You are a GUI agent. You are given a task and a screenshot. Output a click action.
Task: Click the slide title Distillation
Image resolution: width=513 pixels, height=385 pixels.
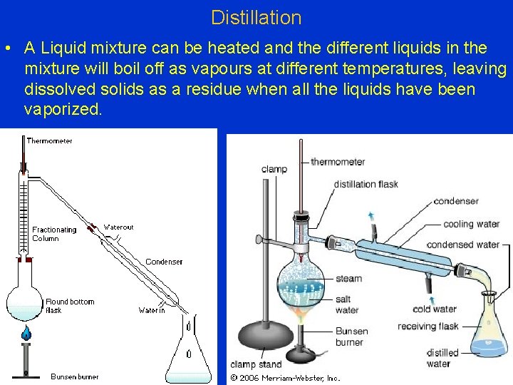tap(256, 17)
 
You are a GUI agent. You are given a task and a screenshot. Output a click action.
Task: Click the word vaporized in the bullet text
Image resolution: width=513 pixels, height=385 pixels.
tap(63, 109)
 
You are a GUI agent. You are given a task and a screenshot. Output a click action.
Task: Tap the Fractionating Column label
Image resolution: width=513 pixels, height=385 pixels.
tap(54, 234)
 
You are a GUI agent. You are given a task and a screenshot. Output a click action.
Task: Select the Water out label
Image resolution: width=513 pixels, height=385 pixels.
tap(118, 227)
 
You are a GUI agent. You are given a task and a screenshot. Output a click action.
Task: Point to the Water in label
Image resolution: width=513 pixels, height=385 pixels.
tap(152, 310)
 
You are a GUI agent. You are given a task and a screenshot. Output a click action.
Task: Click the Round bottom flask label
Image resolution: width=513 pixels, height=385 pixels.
tap(70, 306)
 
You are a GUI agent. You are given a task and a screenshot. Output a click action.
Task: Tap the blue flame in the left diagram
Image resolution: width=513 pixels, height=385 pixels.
tap(26, 332)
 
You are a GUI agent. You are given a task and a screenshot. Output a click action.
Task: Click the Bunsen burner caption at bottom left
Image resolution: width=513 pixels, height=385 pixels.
tap(75, 376)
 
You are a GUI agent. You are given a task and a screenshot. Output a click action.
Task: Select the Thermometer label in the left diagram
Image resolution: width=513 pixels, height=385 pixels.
tap(49, 141)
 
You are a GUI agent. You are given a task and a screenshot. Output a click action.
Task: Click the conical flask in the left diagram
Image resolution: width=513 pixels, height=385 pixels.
tap(188, 356)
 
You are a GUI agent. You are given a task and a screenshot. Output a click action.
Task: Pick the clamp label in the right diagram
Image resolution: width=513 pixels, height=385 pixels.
tap(274, 169)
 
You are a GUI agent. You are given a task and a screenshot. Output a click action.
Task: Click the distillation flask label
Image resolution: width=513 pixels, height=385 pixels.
tap(366, 184)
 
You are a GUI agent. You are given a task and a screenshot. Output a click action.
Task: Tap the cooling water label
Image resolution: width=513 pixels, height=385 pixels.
tap(471, 224)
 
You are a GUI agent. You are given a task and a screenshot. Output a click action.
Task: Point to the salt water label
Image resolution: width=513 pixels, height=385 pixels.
tap(347, 304)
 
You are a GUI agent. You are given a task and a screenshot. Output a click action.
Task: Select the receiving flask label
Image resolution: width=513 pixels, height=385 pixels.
tap(428, 327)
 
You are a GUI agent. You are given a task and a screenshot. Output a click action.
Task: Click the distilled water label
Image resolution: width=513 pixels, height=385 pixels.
tap(442, 358)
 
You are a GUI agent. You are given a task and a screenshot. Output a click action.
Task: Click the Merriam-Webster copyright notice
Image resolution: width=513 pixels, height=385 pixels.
tap(285, 377)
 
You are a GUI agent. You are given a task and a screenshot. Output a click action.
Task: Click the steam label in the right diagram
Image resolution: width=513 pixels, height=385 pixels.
tap(348, 279)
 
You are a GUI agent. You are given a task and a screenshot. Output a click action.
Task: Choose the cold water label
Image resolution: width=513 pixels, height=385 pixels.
tap(434, 309)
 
